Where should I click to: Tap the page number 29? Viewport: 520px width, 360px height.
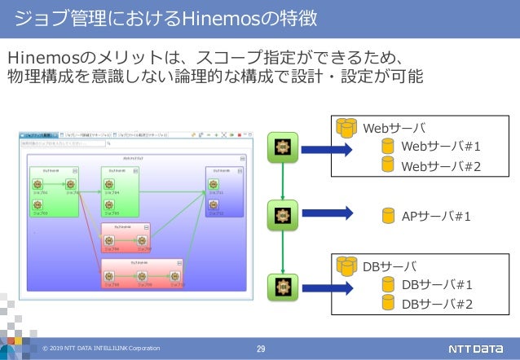point(261,349)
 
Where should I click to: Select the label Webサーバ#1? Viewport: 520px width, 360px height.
point(441,146)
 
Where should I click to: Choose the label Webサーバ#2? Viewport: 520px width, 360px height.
point(441,166)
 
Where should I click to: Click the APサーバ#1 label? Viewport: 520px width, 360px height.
point(437,216)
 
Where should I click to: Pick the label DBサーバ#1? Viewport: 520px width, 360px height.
point(438,284)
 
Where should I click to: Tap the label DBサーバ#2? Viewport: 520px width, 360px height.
point(438,305)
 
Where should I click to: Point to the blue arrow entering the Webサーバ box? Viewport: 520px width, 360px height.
point(326,148)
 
